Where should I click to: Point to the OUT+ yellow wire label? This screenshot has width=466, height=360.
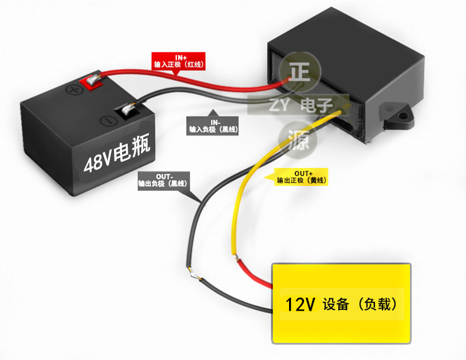pos(302,176)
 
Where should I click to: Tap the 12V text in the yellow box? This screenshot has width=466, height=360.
pos(300,305)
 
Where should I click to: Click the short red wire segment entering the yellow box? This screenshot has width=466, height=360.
pos(256,273)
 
